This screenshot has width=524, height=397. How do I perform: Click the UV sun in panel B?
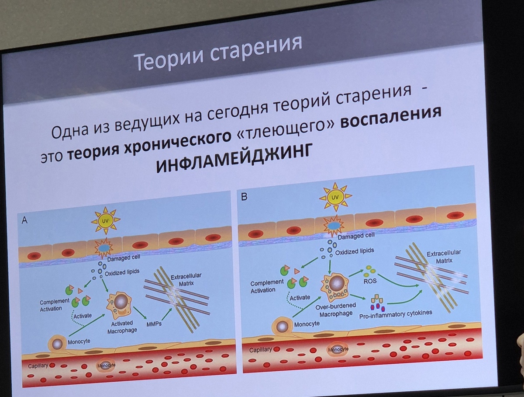tap(335, 198)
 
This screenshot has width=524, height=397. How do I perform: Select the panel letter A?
tap(25, 221)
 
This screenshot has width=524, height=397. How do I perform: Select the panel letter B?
tap(245, 197)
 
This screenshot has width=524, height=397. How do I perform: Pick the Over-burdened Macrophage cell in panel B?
tap(334, 286)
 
